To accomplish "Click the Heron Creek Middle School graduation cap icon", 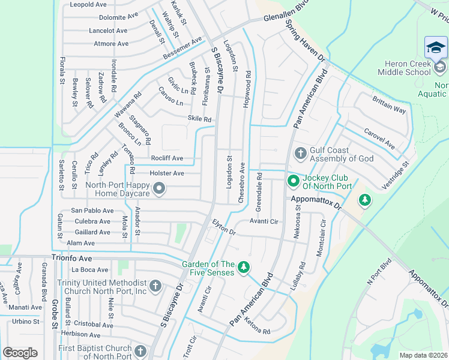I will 436,47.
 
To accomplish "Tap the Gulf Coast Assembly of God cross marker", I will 300,154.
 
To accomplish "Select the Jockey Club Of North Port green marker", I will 294,180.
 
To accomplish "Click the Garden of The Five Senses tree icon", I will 243,267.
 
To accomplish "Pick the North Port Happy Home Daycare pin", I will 159,190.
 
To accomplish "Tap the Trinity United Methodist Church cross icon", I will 155,286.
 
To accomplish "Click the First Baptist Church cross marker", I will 140,352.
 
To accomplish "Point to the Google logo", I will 20,353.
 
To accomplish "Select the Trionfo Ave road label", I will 73,258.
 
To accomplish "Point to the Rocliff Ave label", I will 167,158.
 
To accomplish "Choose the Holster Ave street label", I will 167,173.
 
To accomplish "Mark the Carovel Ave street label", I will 379,139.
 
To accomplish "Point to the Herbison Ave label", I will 81,334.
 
